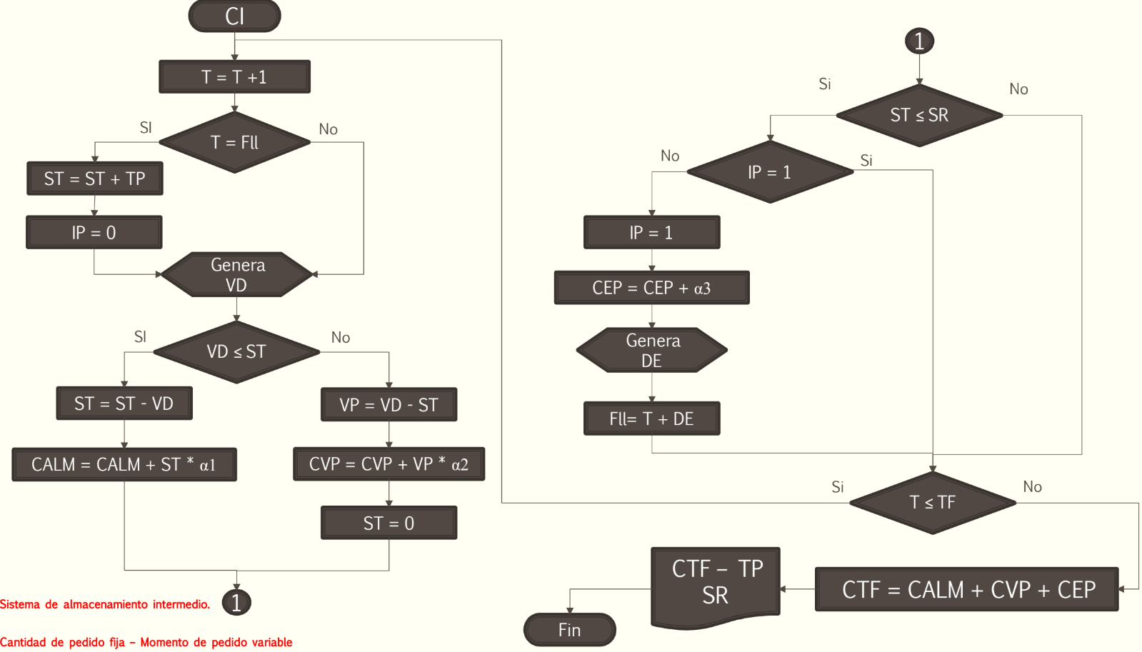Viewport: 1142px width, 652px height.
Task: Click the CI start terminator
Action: [x=234, y=16]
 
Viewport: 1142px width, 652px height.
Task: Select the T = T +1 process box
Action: [x=234, y=77]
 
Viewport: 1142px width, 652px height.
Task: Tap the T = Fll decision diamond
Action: [x=234, y=142]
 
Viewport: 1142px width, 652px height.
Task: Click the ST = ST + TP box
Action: [x=95, y=179]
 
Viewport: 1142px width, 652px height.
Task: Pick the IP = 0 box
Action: [x=94, y=233]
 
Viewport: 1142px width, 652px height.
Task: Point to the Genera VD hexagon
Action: [x=236, y=274]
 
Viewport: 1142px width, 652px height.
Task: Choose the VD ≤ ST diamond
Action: [x=236, y=352]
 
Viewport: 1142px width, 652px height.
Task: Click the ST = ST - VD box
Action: [x=124, y=403]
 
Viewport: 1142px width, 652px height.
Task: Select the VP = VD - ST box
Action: [x=389, y=405]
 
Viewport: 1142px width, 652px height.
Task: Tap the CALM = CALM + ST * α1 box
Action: [x=124, y=464]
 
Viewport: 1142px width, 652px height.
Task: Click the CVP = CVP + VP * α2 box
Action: [x=389, y=464]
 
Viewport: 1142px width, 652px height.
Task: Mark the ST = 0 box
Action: [x=389, y=523]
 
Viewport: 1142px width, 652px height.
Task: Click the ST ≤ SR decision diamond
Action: [x=920, y=115]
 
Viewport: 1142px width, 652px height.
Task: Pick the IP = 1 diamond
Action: [x=771, y=172]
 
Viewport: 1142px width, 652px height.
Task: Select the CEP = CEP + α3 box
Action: [x=652, y=288]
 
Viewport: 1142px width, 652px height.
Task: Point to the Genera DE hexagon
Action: [x=652, y=350]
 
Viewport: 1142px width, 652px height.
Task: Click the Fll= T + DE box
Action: [x=652, y=418]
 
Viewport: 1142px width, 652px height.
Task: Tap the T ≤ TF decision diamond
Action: [x=933, y=503]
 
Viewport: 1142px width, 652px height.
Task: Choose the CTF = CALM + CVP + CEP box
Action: [x=967, y=589]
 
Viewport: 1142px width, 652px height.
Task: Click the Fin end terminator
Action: [x=570, y=630]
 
